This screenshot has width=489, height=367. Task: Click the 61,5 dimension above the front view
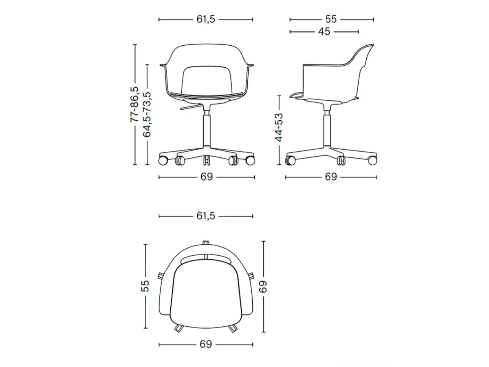tap(205, 20)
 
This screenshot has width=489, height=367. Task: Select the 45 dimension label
tap(324, 32)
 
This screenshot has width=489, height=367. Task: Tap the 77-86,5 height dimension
tap(134, 104)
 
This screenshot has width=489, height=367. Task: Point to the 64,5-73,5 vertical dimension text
tap(147, 114)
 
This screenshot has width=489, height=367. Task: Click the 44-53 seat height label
tap(279, 128)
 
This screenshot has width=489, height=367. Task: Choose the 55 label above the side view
tap(330, 20)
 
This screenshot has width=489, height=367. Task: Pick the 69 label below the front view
tap(207, 177)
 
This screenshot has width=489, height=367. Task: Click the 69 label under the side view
tap(331, 177)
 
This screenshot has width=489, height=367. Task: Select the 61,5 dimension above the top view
tap(206, 216)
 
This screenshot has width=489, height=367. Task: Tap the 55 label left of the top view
tap(145, 286)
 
